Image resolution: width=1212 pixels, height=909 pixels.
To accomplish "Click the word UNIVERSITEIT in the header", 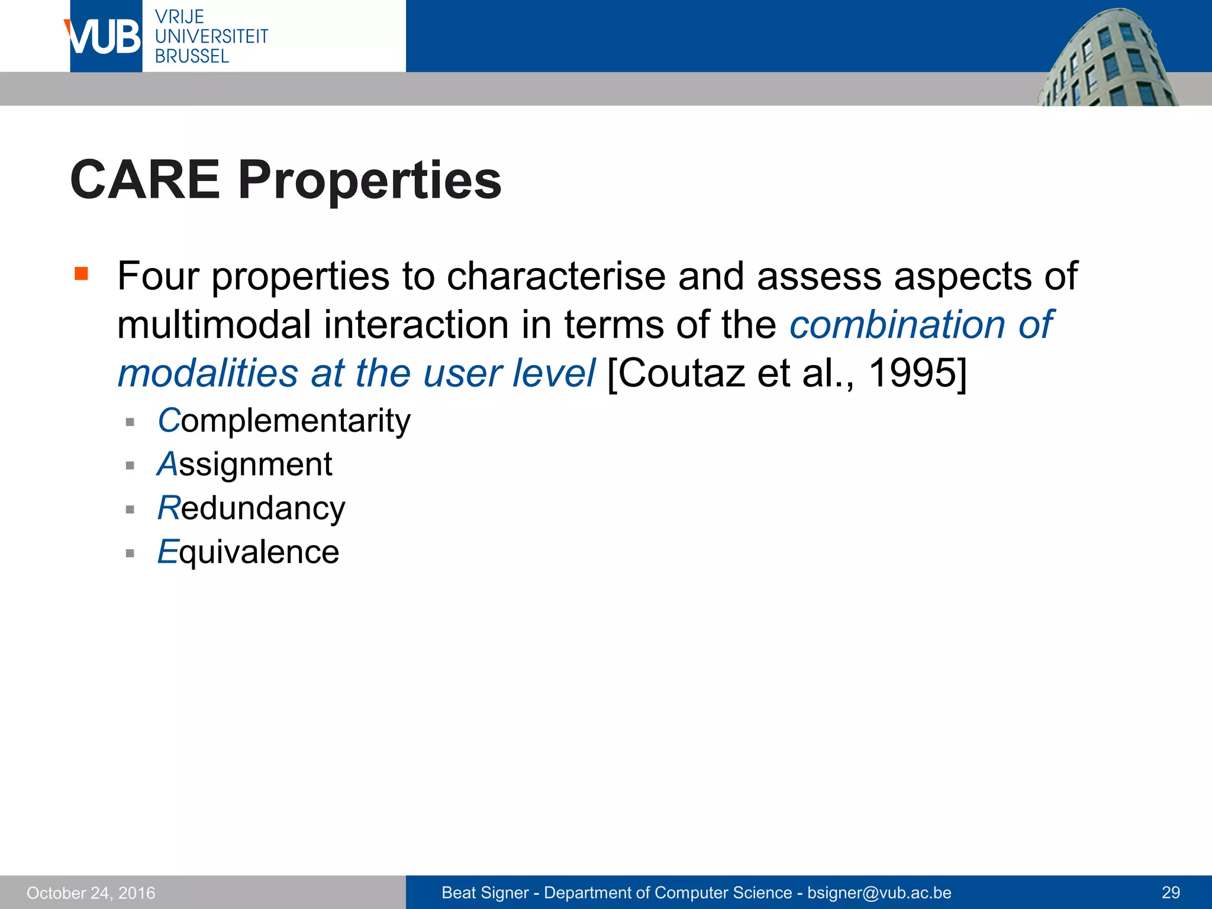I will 211,36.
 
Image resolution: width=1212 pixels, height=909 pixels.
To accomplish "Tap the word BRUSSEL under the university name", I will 192,56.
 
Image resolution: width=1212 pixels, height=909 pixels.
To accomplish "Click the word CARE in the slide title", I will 145,180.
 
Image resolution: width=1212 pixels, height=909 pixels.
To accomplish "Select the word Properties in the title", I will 370,181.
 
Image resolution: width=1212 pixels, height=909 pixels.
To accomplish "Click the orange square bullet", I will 81,273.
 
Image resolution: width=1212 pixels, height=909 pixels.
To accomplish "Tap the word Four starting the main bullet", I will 158,276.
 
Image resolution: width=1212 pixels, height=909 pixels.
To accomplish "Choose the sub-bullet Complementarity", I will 284,421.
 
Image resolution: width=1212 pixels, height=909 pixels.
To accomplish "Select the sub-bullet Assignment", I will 244,464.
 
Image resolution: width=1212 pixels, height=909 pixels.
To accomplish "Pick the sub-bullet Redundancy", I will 251,508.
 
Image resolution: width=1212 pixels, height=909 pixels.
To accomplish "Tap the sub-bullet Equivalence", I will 248,552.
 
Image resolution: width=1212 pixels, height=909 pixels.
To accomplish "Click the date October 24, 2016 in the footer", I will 91,892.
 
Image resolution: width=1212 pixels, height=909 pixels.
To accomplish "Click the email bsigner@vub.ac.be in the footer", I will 879,892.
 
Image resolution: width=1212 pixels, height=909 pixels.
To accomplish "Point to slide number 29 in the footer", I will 1171,892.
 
